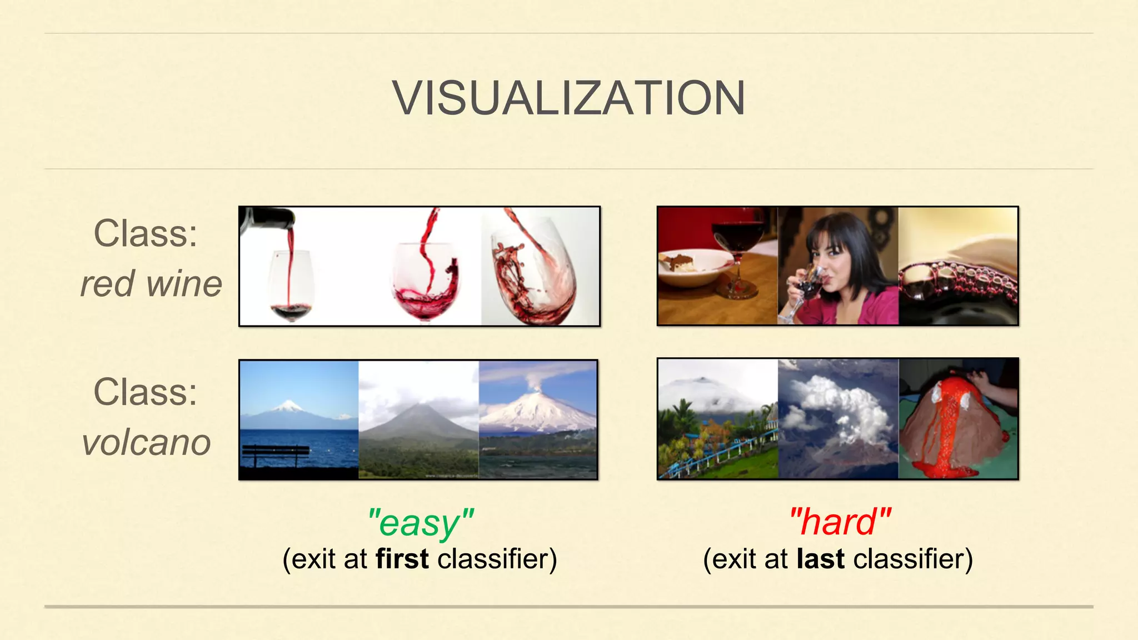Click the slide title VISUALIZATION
(x=568, y=98)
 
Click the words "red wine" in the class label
(x=151, y=283)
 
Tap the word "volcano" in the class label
(x=147, y=442)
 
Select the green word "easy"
(x=420, y=523)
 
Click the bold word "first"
(x=402, y=559)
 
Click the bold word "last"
(x=820, y=559)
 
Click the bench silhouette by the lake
(x=276, y=453)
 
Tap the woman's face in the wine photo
(x=831, y=248)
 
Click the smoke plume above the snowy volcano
(x=536, y=381)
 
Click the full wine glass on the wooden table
(x=738, y=239)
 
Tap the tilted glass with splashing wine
(x=533, y=272)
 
